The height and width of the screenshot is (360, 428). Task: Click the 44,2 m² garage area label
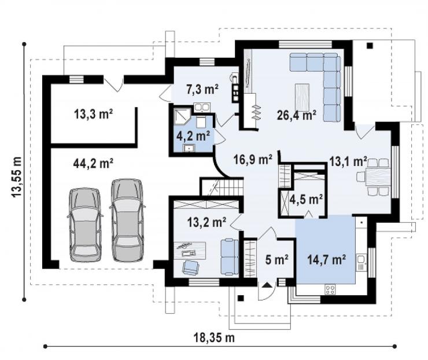(x=93, y=164)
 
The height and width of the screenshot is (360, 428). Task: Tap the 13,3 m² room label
(x=93, y=114)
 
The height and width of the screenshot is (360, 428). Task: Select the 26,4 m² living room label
(x=297, y=115)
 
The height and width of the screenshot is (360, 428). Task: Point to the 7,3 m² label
(x=202, y=89)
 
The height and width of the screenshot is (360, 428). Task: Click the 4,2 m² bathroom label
(x=193, y=136)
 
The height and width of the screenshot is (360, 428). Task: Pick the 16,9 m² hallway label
(x=253, y=159)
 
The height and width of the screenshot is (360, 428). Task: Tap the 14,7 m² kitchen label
(x=327, y=259)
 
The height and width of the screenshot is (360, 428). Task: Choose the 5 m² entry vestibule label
(x=277, y=259)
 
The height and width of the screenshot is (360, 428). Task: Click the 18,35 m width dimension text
(x=214, y=337)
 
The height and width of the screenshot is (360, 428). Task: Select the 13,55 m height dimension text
(x=17, y=177)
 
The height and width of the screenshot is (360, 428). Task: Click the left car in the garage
(x=85, y=225)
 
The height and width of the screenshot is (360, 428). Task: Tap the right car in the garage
(x=127, y=220)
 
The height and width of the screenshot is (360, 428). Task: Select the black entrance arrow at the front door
(x=267, y=286)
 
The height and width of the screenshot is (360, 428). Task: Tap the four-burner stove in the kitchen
(x=330, y=289)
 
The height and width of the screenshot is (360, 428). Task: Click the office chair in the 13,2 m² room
(x=190, y=267)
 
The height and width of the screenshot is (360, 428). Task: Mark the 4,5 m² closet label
(x=306, y=200)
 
